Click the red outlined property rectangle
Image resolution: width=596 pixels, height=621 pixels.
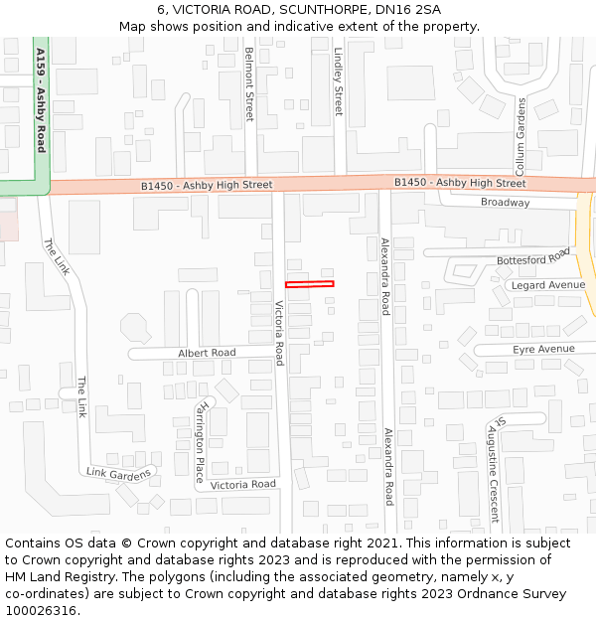309,284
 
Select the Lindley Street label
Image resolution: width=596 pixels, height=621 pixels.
338,80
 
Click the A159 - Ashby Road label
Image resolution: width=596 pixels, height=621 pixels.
41,99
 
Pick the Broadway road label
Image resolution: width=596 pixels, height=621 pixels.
506,203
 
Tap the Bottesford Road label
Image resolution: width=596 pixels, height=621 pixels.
534,260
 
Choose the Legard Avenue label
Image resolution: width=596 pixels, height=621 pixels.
548,285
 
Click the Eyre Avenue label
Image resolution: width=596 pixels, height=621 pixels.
543,350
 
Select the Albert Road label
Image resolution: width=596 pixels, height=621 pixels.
207,353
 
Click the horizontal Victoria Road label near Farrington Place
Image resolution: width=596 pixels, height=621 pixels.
243,485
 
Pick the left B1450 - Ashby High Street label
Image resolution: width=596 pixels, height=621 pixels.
207,185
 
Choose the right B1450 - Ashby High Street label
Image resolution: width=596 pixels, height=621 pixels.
460,183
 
